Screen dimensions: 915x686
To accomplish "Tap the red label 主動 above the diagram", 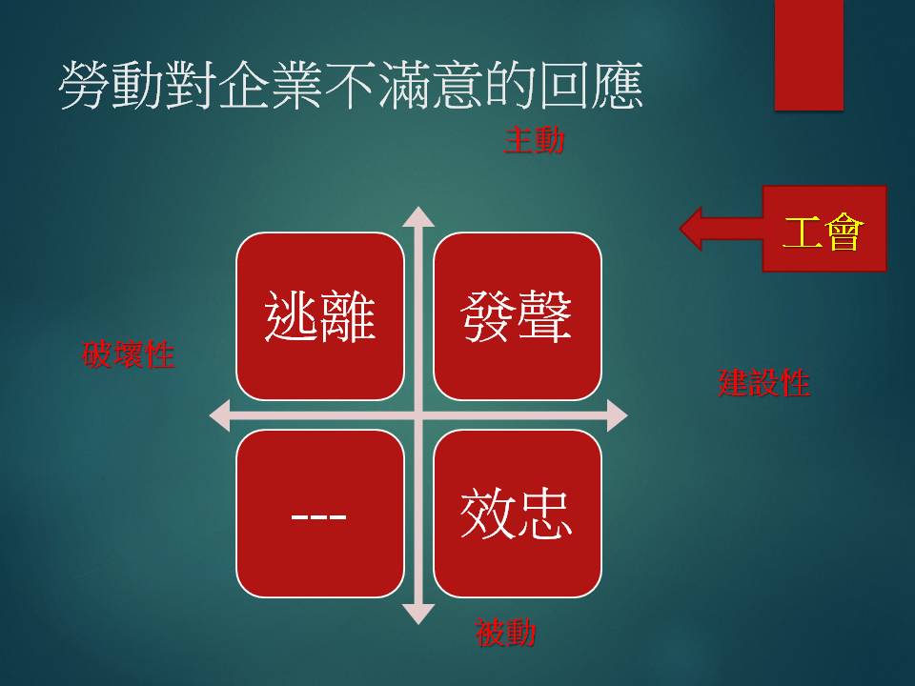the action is click(x=534, y=141).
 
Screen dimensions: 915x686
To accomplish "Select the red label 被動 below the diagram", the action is click(x=505, y=633).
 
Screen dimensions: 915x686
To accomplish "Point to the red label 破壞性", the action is click(x=129, y=354).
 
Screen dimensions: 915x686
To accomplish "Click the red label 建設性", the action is click(x=763, y=383).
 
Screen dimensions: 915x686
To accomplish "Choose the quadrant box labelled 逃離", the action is click(x=320, y=316).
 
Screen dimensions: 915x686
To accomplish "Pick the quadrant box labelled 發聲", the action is click(x=517, y=316).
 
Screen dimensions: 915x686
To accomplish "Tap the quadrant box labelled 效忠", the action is click(x=517, y=514).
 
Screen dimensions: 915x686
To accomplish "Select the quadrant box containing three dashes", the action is click(x=320, y=514).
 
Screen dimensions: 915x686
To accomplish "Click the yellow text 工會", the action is click(x=823, y=232).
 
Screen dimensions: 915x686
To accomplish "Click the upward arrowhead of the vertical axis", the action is click(x=418, y=216).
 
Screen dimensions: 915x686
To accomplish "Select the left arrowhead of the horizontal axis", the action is click(x=219, y=415).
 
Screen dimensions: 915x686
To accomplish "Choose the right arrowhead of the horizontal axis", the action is click(x=618, y=415).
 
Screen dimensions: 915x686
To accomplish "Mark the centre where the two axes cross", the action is click(x=418, y=415).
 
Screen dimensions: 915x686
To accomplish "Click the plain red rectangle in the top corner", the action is click(x=809, y=55).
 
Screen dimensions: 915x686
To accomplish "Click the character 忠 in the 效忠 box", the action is click(x=544, y=514).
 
